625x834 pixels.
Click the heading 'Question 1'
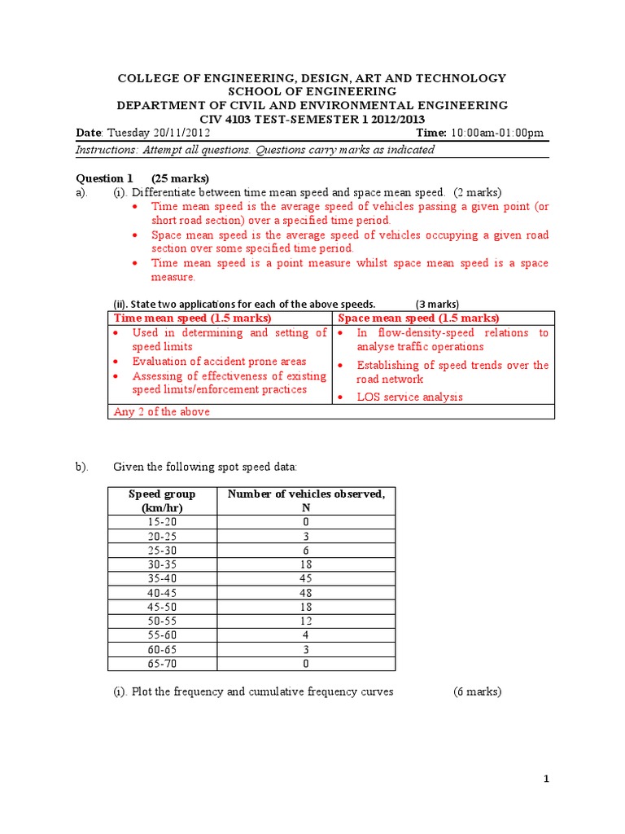pos(104,178)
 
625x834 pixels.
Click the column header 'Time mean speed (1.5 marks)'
pos(192,318)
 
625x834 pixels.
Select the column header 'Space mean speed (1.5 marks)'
pos(418,318)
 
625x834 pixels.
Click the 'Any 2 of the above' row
pos(162,411)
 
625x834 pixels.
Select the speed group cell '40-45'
pos(162,593)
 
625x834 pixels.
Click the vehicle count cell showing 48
pos(306,593)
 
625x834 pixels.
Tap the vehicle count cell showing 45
pos(306,579)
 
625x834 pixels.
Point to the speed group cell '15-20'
pos(162,521)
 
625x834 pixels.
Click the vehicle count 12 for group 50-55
pos(306,621)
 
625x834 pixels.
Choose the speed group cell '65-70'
pos(162,664)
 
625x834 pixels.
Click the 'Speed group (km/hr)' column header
pos(162,500)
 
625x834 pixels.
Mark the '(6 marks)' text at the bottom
pos(478,691)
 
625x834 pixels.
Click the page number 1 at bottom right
pos(547,779)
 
